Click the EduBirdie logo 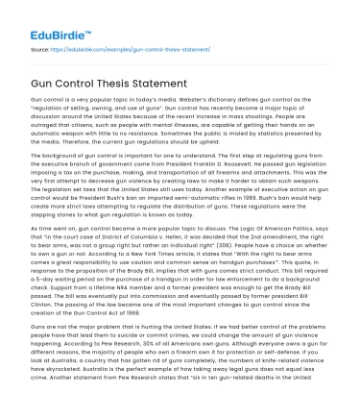51,16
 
